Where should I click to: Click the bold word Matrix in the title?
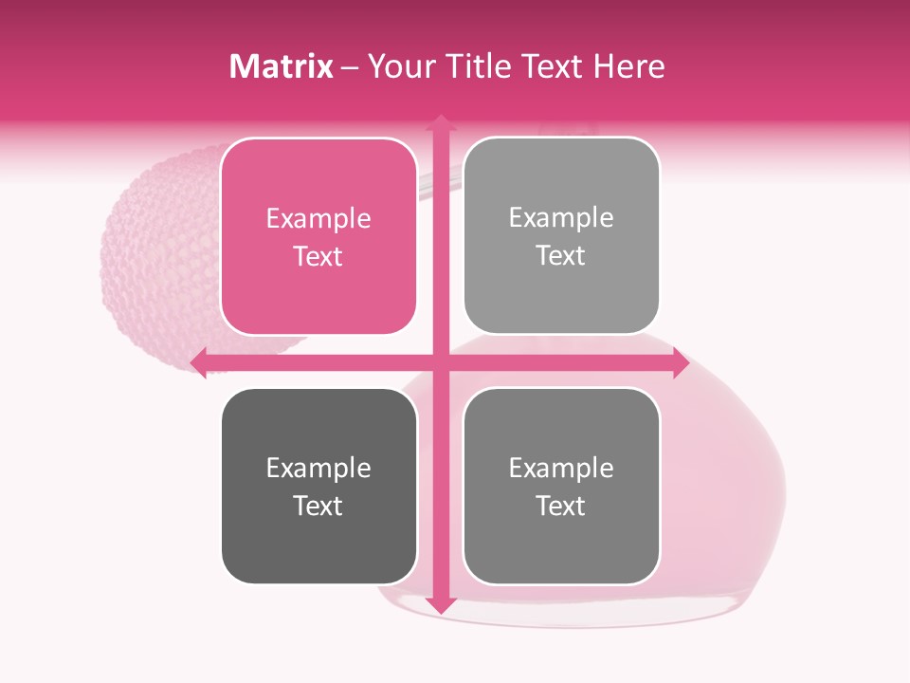282,66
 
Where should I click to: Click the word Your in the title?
399,66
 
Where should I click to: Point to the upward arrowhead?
440,121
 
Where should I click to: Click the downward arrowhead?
440,605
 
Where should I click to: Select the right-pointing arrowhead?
680,362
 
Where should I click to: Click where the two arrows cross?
440,362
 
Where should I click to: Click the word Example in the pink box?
318,219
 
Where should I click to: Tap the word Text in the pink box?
318,257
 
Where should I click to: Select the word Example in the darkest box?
318,469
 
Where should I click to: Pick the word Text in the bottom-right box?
561,507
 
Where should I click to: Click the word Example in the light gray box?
561,218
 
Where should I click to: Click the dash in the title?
350,66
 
